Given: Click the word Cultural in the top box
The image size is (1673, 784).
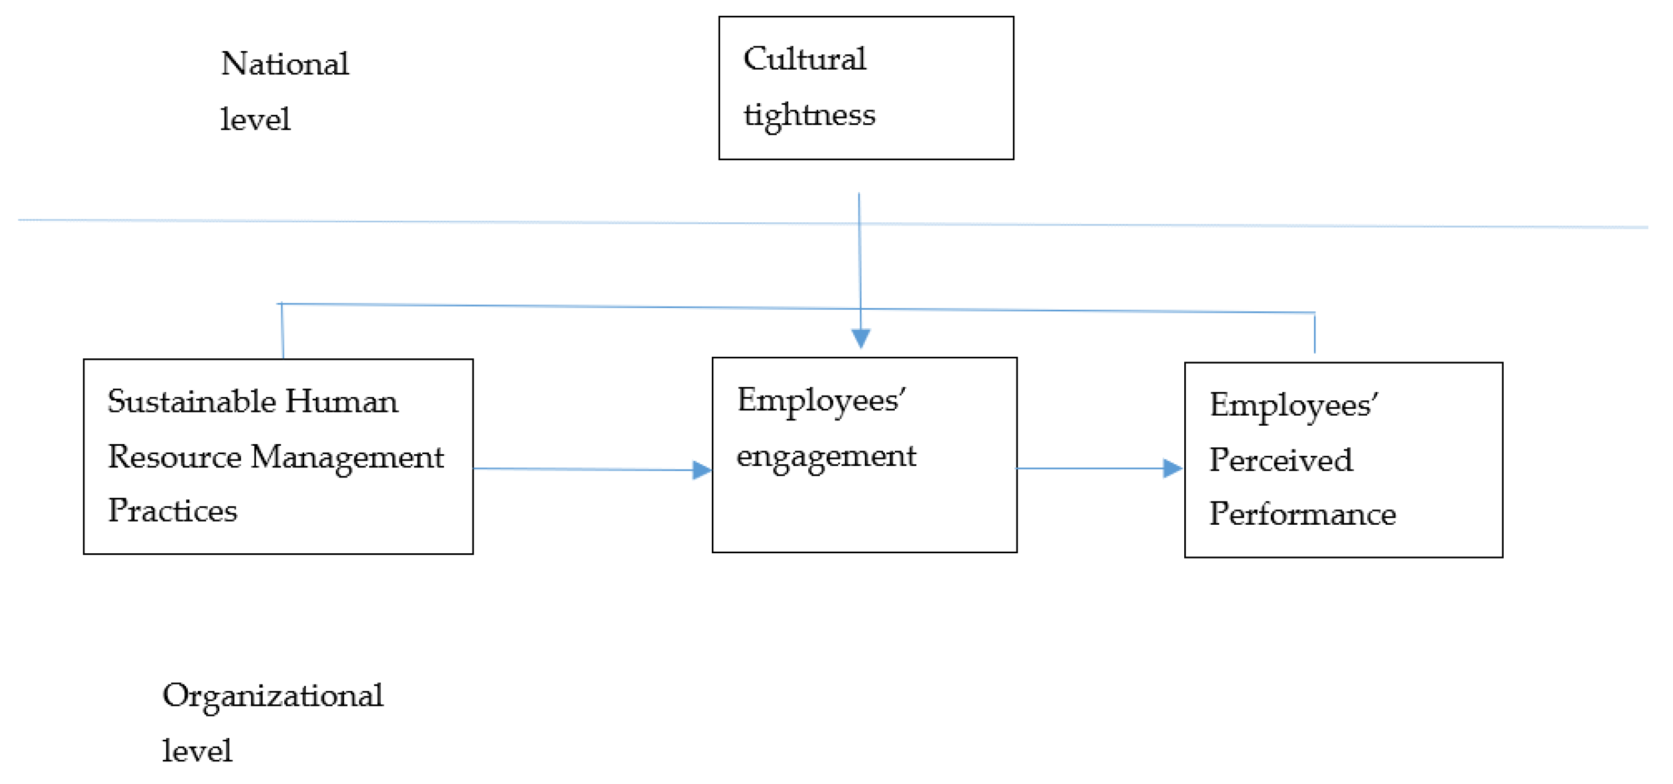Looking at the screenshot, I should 804,59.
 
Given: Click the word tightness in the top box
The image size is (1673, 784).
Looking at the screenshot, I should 809,115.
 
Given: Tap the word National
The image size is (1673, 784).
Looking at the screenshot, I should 285,64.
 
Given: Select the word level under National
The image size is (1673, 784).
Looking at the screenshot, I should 255,120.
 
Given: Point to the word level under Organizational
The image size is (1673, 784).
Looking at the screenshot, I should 197,751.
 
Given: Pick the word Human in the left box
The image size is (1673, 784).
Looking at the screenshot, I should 341,401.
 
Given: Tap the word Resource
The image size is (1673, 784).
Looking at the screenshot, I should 174,457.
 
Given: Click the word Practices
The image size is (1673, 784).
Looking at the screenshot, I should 172,511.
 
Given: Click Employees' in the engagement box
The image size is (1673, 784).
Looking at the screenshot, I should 821,401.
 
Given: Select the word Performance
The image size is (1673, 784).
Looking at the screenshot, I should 1302,515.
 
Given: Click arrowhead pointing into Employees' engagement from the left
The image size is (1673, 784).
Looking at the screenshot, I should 701,470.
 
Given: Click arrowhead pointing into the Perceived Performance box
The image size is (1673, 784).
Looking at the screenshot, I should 1172,468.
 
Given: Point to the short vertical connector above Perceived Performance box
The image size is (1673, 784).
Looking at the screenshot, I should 1314,332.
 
